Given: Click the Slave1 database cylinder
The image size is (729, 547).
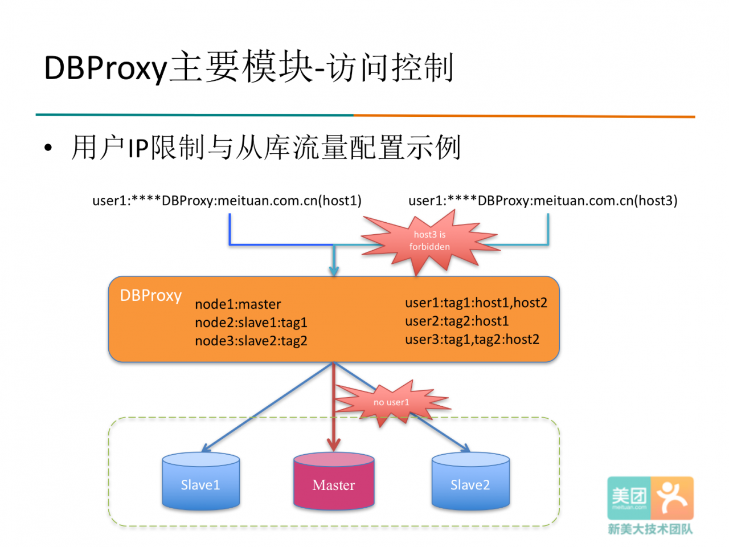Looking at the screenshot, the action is (x=200, y=480).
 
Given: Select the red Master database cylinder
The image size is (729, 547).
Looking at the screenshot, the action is (x=333, y=480).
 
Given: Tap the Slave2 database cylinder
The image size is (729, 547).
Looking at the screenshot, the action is (x=470, y=480).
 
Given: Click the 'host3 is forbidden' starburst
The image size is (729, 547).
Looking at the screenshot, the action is (x=429, y=241).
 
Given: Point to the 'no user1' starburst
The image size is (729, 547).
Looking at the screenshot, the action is (x=391, y=402).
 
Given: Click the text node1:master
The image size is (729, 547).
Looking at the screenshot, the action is (x=238, y=304).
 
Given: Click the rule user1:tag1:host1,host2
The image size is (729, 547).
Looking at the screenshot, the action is (x=476, y=303).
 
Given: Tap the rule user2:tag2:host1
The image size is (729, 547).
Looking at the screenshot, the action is (x=457, y=321).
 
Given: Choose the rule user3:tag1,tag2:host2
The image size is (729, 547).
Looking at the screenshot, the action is (x=472, y=340).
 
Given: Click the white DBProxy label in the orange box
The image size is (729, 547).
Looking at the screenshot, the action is (x=151, y=296).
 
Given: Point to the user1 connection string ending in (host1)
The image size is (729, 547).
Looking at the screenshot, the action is (x=227, y=201).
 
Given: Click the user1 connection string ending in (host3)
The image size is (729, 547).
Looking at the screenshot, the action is (x=543, y=201).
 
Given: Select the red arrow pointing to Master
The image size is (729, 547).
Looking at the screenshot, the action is (x=333, y=407).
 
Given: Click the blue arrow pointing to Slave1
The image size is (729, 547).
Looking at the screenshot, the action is (x=267, y=407).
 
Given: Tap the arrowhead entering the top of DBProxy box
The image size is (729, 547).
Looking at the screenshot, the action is (x=334, y=271).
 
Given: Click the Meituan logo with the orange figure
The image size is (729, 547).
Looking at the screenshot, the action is (x=650, y=498).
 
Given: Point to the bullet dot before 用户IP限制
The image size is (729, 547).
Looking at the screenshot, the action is (x=48, y=148).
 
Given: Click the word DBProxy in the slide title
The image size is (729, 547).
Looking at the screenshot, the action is (x=105, y=68).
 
